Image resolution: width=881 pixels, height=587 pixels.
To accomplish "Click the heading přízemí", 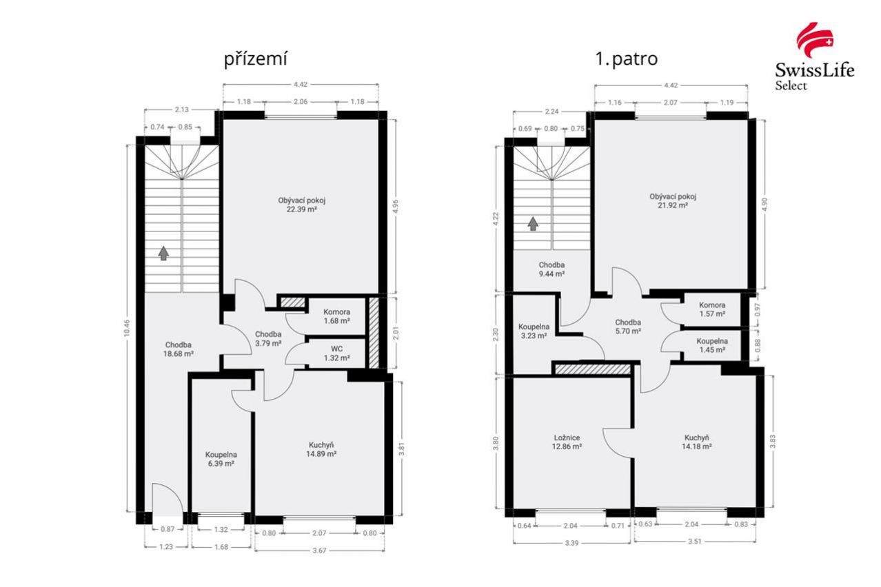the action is click(256, 60).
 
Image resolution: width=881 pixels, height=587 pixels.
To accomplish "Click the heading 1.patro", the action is click(626, 59).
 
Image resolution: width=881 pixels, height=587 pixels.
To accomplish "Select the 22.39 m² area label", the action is click(302, 209).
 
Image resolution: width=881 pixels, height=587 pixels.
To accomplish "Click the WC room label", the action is click(336, 349).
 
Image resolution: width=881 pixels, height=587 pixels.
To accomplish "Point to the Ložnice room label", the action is click(567, 438).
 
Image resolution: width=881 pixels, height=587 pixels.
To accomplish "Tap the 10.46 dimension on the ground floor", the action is click(127, 327).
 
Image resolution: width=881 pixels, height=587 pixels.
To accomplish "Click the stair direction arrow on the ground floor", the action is click(163, 254).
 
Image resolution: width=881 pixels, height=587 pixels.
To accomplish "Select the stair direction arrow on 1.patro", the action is click(533, 224).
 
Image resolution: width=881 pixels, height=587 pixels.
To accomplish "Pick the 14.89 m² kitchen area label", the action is click(321, 454).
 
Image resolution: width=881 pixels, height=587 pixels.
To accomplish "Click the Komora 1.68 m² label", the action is click(336, 316).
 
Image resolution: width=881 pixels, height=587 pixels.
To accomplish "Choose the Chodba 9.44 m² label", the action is click(551, 269).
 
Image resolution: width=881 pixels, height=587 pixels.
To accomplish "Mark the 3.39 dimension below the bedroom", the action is click(571, 543).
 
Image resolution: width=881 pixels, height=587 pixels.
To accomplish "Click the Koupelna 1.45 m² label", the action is click(712, 346).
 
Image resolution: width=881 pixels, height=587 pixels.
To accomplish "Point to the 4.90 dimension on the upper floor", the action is click(764, 205).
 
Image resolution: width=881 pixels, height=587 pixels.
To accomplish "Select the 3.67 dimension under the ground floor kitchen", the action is click(319, 550).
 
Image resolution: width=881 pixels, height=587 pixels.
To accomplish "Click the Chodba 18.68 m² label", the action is click(178, 349).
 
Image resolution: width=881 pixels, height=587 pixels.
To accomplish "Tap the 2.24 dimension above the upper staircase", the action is click(551, 112).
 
